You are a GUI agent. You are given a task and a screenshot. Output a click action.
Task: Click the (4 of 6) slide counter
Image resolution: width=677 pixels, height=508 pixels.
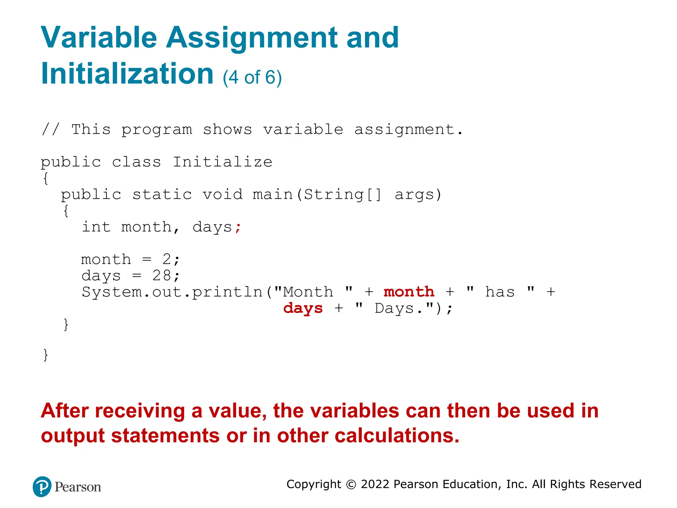pyautogui.click(x=252, y=77)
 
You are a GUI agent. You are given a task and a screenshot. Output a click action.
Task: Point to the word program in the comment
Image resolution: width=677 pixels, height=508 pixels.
pyautogui.click(x=156, y=130)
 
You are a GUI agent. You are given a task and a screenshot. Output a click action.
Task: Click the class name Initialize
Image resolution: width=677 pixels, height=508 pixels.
pyautogui.click(x=222, y=162)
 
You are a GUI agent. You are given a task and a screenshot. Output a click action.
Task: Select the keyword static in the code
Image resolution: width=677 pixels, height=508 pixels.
pyautogui.click(x=162, y=194)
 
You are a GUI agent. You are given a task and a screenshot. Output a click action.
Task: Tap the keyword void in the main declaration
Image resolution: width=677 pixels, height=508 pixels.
pyautogui.click(x=222, y=194)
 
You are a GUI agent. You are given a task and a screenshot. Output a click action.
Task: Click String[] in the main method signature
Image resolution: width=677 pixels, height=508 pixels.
pyautogui.click(x=342, y=194)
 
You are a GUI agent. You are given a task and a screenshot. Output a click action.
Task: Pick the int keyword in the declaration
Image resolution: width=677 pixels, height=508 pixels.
pyautogui.click(x=96, y=227)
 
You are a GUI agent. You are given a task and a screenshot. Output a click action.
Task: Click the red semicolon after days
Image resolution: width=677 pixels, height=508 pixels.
pyautogui.click(x=238, y=228)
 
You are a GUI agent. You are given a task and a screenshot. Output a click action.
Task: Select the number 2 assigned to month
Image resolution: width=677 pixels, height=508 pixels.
pyautogui.click(x=167, y=259)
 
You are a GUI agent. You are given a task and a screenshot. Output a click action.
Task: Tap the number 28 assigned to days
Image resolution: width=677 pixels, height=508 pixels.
pyautogui.click(x=161, y=275)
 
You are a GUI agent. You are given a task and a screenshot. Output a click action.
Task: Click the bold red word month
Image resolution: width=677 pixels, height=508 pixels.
pyautogui.click(x=409, y=292)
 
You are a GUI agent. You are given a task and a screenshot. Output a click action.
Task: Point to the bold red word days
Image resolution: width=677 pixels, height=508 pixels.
pyautogui.click(x=303, y=308)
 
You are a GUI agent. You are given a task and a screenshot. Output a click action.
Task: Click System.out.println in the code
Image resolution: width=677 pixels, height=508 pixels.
pyautogui.click(x=172, y=292)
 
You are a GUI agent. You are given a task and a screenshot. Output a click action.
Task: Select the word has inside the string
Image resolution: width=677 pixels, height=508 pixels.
pyautogui.click(x=500, y=292)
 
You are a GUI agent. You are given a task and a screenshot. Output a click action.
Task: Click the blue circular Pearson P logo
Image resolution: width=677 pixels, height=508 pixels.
pyautogui.click(x=42, y=487)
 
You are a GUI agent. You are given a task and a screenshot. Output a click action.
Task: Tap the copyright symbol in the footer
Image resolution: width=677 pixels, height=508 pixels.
pyautogui.click(x=351, y=485)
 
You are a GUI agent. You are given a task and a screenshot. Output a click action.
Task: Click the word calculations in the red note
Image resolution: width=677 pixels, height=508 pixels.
pyautogui.click(x=397, y=436)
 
